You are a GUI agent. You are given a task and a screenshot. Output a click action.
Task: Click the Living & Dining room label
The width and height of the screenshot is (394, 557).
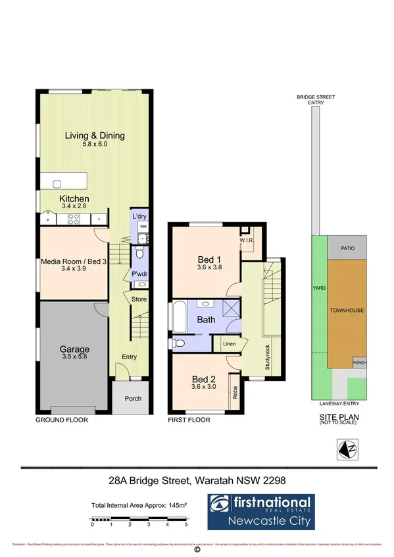(x=94, y=136)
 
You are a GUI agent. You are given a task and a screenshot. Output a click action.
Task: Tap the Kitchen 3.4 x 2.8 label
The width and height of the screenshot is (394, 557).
(x=74, y=199)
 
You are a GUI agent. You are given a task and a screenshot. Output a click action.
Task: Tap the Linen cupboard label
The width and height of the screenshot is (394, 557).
(x=229, y=344)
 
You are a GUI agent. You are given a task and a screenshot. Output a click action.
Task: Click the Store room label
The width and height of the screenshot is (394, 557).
(x=139, y=300)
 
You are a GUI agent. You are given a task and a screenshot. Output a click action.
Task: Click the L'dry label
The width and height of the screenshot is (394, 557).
(x=139, y=216)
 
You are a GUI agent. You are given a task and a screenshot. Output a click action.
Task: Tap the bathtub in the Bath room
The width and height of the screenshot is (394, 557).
(x=178, y=318)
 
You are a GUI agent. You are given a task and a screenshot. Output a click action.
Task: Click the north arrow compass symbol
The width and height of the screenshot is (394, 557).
(x=346, y=449)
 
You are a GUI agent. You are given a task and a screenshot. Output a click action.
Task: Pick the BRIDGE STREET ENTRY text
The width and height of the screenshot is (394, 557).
(x=315, y=100)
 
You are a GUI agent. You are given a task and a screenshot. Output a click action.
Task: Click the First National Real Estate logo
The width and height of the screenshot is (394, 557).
(x=261, y=512)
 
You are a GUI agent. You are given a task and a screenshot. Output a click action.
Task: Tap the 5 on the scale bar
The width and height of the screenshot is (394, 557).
(x=187, y=524)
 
